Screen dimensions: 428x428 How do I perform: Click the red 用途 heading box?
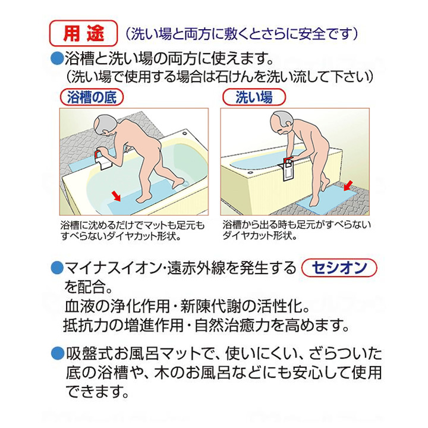(x=83, y=33)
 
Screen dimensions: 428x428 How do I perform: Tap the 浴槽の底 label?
(x=92, y=97)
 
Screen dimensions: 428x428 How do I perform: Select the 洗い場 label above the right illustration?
(x=254, y=97)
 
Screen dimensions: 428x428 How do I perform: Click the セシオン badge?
(x=339, y=267)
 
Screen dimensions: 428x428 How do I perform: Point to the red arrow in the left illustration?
(x=116, y=196)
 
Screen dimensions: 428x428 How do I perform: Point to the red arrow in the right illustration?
(x=348, y=185)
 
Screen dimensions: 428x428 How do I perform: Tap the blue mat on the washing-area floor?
(x=328, y=197)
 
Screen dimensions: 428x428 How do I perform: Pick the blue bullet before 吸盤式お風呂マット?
(x=57, y=354)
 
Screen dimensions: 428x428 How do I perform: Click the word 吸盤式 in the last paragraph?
(x=89, y=354)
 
